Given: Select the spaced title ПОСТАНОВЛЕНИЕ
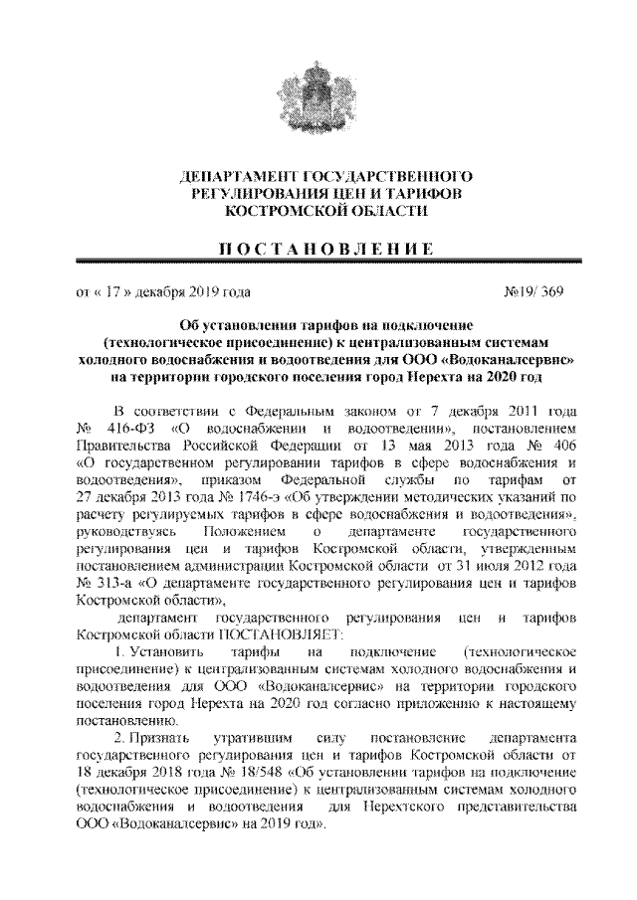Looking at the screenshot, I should click(x=318, y=247).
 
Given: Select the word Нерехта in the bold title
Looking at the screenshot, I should click(x=435, y=377).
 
